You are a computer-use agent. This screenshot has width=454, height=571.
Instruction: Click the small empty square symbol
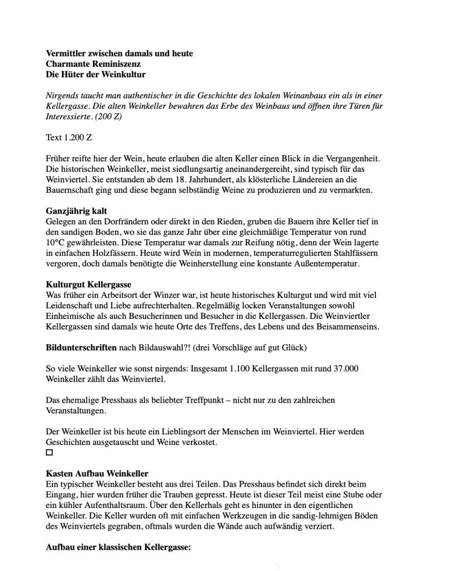(x=49, y=453)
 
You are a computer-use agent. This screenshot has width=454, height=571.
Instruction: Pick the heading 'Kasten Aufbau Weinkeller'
(x=97, y=473)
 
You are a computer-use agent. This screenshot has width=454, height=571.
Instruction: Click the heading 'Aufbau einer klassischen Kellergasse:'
(x=118, y=547)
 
